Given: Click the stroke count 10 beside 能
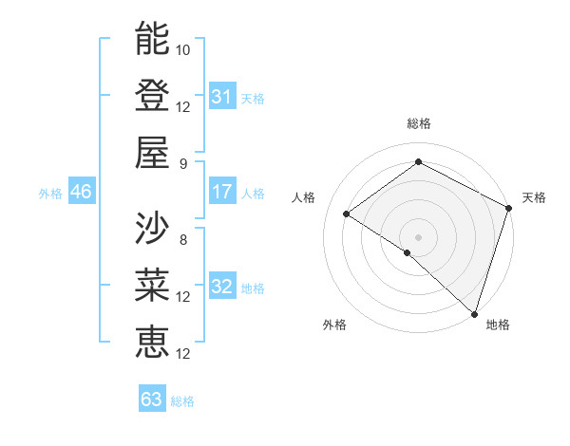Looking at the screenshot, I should [183, 49].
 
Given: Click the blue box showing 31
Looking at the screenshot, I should [222, 96].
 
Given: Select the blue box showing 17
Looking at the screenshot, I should [222, 192].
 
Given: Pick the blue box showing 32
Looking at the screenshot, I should [222, 287].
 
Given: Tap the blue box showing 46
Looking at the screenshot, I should [82, 192].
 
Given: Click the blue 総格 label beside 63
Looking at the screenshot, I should [182, 401].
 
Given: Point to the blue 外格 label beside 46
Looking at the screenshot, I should [50, 194].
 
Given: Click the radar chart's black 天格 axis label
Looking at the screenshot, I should [534, 197].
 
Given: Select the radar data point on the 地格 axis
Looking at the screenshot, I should [472, 313].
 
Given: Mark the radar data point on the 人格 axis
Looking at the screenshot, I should [347, 214].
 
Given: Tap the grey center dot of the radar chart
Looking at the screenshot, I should [418, 235].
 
